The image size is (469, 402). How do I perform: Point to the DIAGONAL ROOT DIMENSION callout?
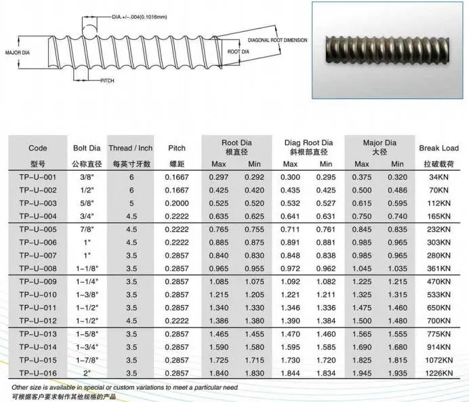point(277,40)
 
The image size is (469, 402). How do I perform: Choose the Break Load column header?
point(439,148)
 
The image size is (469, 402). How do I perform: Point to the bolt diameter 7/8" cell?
point(86,230)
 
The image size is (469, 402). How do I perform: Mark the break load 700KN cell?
point(439,320)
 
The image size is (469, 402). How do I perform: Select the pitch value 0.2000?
point(176,203)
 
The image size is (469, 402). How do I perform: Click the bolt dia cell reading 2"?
point(86,372)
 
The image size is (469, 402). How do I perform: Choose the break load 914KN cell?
point(439,346)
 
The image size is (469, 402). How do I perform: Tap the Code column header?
point(38,148)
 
